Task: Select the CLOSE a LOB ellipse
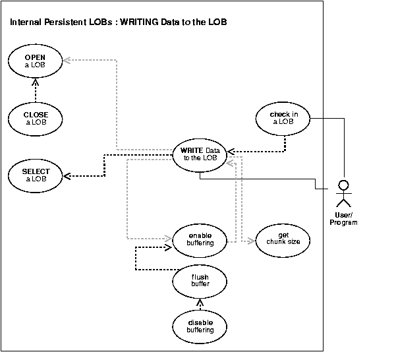coord(36,118)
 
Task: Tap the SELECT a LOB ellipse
coord(36,175)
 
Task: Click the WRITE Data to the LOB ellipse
coord(199,155)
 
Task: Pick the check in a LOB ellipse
coord(283,118)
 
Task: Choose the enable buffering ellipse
coord(200,239)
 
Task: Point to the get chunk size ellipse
coord(283,239)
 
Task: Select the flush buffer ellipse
coord(200,281)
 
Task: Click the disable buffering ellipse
coord(200,326)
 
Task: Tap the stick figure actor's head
coord(343,183)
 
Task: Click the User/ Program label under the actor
coord(343,219)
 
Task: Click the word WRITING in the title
coord(137,23)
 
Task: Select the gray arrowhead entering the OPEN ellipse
coord(67,60)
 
